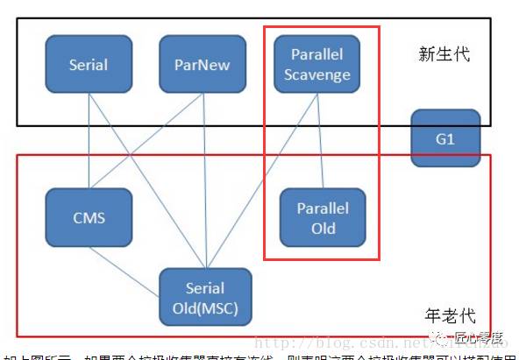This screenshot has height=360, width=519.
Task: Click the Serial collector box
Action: coord(89,65)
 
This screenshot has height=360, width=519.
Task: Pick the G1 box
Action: coord(445,138)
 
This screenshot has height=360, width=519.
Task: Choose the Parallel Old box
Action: coord(322,218)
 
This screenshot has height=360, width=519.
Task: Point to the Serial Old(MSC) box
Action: coord(205,297)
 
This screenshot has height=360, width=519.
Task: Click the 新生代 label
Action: coord(444,54)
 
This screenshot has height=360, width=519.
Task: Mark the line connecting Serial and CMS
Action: coord(89,140)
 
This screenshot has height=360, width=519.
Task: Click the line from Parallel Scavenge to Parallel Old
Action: coord(318,140)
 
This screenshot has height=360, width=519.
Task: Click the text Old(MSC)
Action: coord(205,308)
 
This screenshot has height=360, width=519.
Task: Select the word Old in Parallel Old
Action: coord(322,229)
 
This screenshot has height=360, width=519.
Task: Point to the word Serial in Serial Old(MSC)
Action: coord(205,287)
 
